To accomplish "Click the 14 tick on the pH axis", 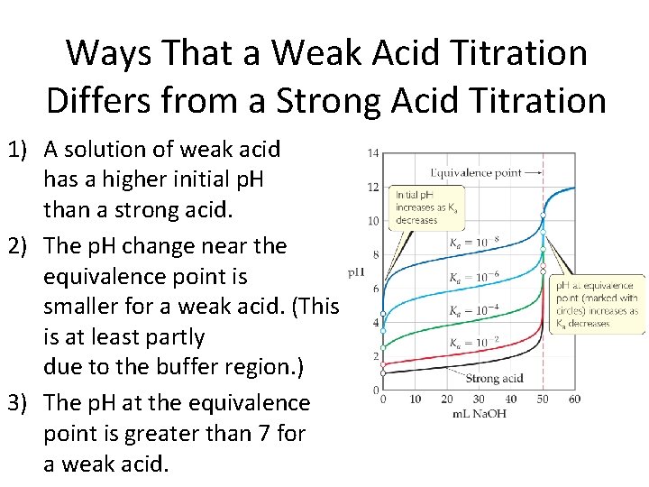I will click(x=372, y=153).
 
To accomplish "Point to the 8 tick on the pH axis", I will click(x=375, y=255).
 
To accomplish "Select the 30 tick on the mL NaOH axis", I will click(x=479, y=400).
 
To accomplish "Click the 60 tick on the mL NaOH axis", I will click(x=574, y=400).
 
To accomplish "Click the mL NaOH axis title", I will click(x=480, y=414).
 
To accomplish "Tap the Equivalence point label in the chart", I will click(x=475, y=172).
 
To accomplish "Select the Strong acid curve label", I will click(x=495, y=379).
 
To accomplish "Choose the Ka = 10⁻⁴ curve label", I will click(x=473, y=311).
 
